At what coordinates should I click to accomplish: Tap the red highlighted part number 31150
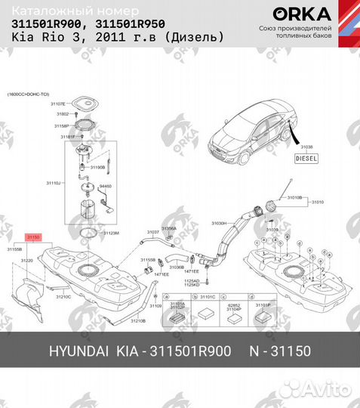click(33, 237)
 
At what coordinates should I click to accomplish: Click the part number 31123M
click(111, 233)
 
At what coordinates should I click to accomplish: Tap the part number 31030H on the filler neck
click(218, 224)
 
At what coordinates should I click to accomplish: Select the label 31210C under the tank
click(63, 297)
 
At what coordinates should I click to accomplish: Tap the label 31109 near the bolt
click(155, 308)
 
